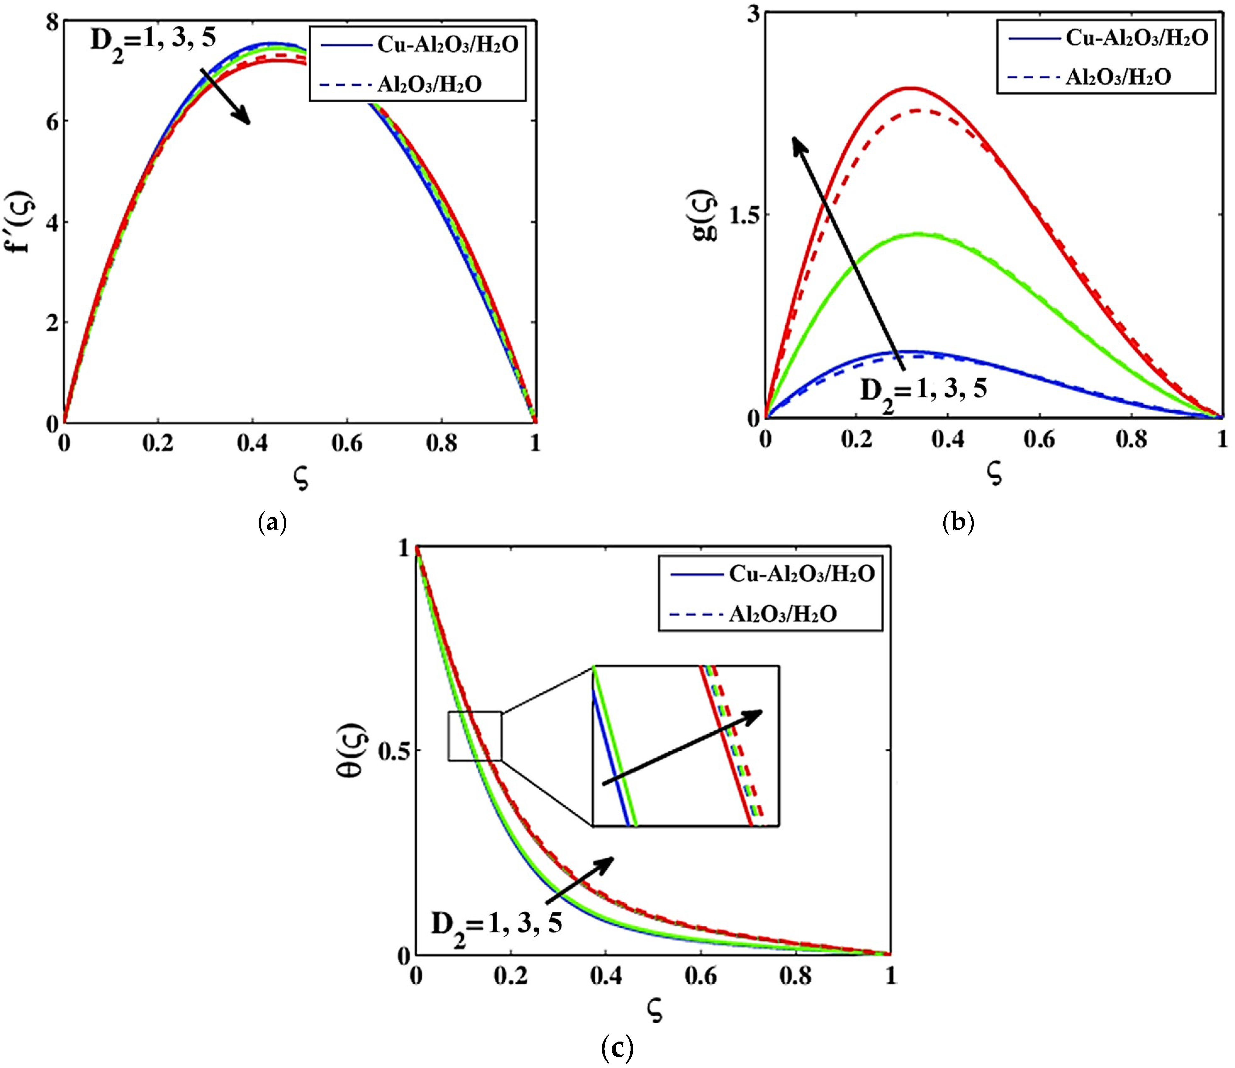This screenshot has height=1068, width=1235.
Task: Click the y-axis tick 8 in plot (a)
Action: tap(53, 23)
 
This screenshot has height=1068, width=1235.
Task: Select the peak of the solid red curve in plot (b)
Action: tap(910, 88)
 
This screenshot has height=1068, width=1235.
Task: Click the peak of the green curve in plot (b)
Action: tap(918, 234)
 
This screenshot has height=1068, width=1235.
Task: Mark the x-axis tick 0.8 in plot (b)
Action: tap(1131, 440)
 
